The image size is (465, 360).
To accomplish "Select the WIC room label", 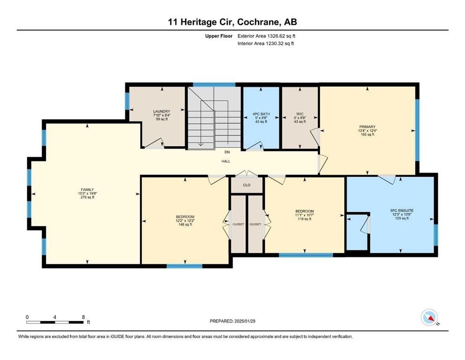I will (299, 114).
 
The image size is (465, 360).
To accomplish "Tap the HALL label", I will (226, 161).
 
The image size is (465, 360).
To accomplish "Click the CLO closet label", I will (246, 185).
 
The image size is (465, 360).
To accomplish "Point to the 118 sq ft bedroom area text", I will (304, 219).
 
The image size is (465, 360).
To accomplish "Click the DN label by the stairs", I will (226, 152).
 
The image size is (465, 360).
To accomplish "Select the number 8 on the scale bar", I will (83, 317).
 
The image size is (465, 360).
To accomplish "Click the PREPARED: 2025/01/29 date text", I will (232, 321).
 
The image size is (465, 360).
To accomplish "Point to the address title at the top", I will (232, 22).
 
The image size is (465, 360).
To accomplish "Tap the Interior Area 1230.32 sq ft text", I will (266, 44).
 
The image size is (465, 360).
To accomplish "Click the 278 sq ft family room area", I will (86, 197).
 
